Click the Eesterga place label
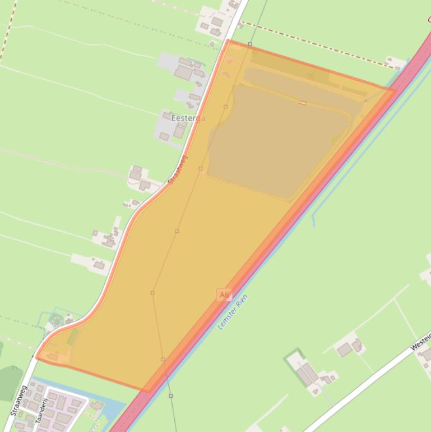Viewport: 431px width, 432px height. click(188, 118)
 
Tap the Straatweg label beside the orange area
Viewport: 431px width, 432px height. click(178, 170)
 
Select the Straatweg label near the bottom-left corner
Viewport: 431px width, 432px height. click(17, 401)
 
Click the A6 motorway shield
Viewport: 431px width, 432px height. click(224, 295)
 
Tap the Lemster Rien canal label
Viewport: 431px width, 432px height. click(233, 312)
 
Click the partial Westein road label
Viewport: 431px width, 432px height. click(421, 341)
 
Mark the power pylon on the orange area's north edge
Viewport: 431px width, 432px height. click(250, 44)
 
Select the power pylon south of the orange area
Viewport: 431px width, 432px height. click(171, 396)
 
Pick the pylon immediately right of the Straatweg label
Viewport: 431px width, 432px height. click(201, 168)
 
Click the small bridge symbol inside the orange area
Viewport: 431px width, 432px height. click(303, 103)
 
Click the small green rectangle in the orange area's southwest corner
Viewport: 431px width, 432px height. click(73, 337)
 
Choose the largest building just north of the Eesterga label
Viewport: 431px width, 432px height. click(183, 72)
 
